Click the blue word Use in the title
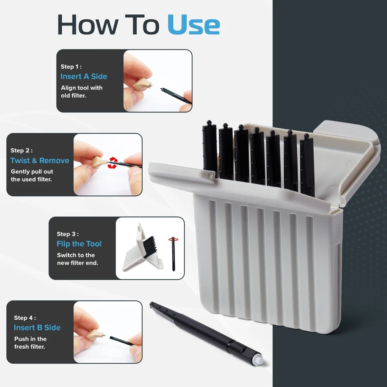(x=194, y=25)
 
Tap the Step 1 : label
(x=71, y=67)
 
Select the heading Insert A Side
(x=84, y=77)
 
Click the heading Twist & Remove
(x=40, y=160)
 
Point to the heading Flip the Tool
(x=79, y=244)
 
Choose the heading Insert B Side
(x=37, y=327)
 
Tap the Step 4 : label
(x=25, y=318)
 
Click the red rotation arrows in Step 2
(x=112, y=162)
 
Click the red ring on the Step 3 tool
(x=173, y=239)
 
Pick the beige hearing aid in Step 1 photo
(x=142, y=84)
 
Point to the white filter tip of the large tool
(x=259, y=360)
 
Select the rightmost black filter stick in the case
(x=307, y=165)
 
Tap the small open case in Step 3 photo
(x=143, y=249)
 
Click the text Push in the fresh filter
(x=30, y=343)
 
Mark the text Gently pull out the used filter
(x=32, y=175)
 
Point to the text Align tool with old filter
(x=81, y=92)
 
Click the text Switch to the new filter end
(x=77, y=259)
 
